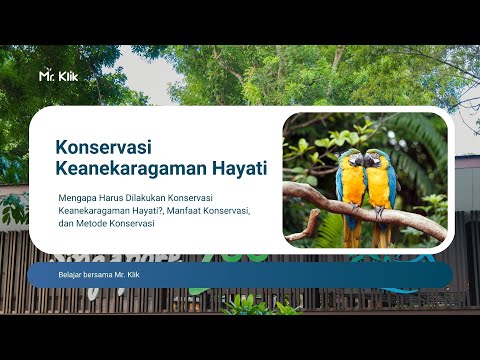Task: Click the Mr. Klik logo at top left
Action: tap(57, 75)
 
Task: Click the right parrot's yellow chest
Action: tap(379, 184)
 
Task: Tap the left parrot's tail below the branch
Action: tap(353, 235)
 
